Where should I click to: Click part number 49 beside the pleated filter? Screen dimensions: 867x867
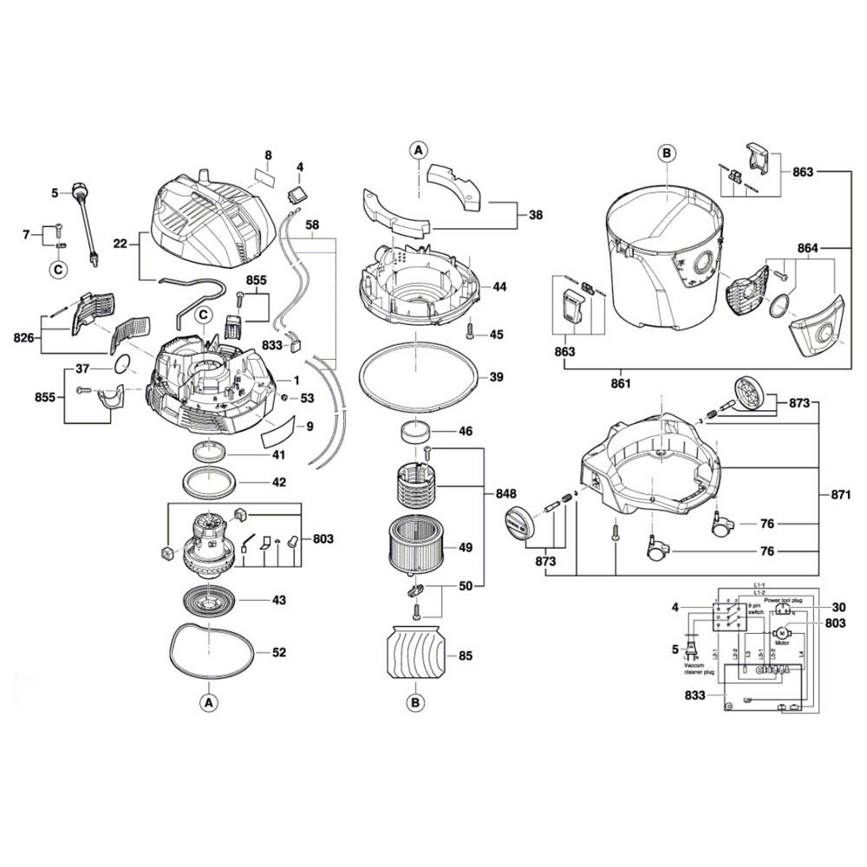click(466, 547)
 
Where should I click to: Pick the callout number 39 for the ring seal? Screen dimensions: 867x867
click(496, 377)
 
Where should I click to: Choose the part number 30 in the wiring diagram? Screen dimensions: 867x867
click(839, 607)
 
